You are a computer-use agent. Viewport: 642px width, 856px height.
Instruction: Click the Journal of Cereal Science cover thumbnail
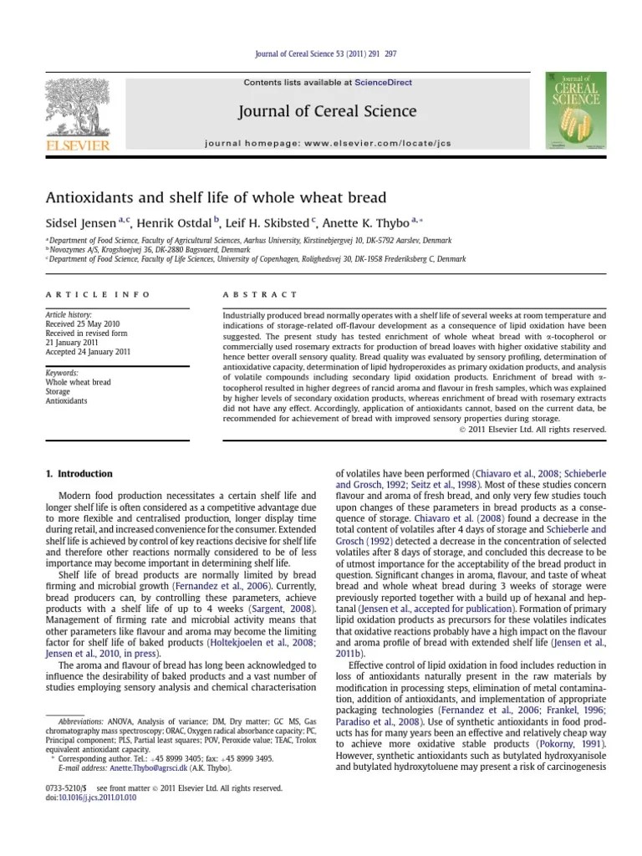[576, 110]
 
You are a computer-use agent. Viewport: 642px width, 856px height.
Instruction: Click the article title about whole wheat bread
[216, 197]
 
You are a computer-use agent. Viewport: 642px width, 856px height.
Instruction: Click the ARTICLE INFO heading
[98, 294]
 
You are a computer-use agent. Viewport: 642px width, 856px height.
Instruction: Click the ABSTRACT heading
[259, 294]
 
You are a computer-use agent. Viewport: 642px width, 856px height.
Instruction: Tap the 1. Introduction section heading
[79, 474]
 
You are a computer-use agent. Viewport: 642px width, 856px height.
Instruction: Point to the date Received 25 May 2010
[84, 324]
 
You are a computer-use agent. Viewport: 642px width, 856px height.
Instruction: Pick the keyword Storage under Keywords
[59, 391]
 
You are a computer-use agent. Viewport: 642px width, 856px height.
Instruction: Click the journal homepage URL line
[328, 144]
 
